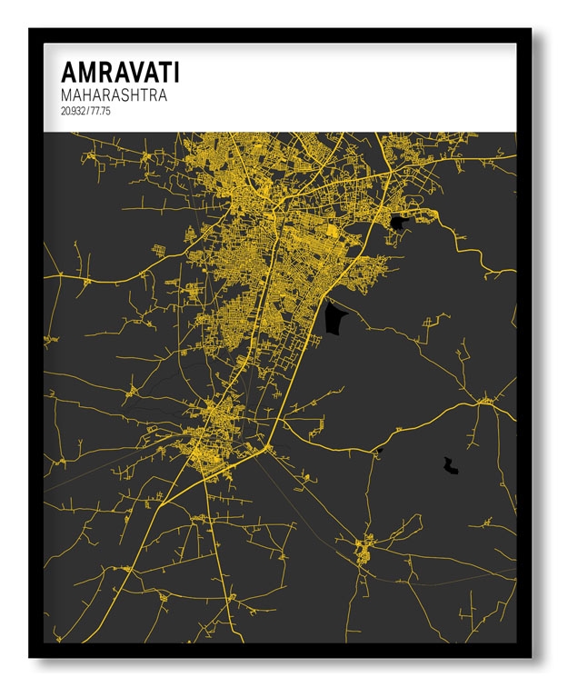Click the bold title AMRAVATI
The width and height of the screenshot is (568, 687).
pos(120,73)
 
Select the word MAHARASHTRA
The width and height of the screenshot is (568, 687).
pos(114,95)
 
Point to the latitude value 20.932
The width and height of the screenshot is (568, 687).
pos(75,111)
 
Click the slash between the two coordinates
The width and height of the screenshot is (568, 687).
pos(88,111)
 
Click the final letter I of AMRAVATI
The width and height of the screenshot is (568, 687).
pos(175,73)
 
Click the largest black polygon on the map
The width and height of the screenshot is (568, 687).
pos(335,319)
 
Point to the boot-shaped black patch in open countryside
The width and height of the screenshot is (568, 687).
pos(450,467)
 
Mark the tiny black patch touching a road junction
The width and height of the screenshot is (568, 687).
pos(379,451)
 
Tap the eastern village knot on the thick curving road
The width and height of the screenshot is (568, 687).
pos(485,401)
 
